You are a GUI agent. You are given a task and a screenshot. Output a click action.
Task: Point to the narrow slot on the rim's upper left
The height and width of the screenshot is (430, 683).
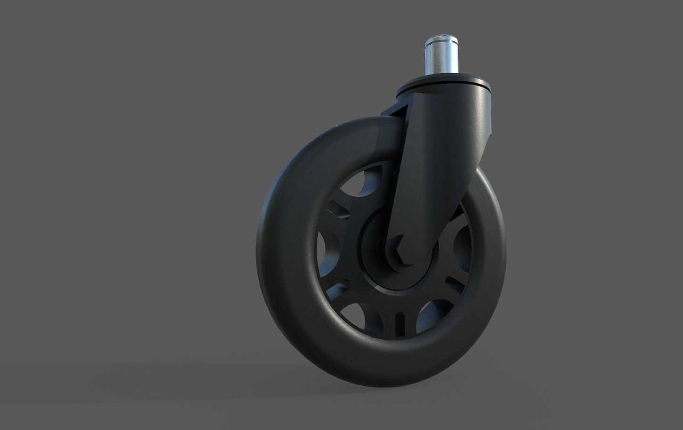coord(340,209)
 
